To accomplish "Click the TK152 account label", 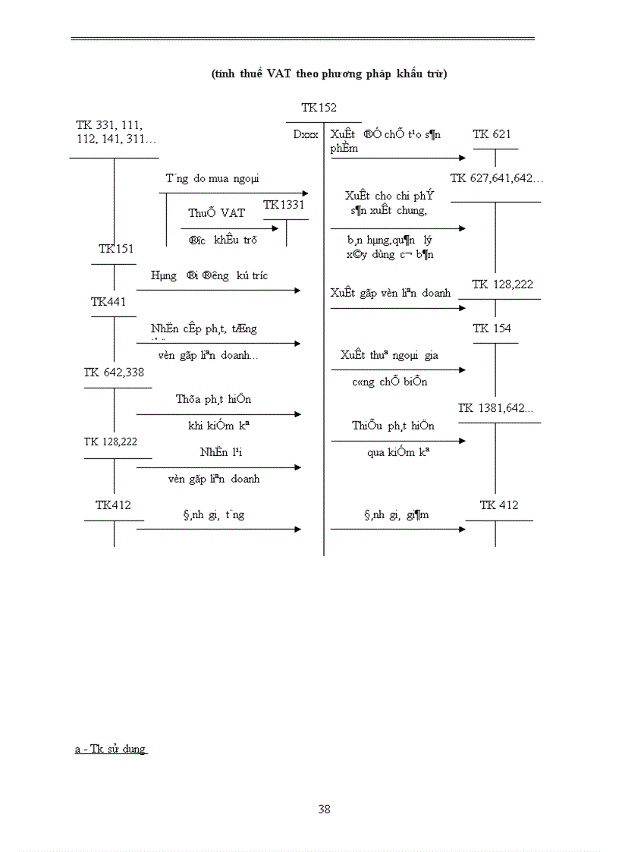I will tap(319, 108).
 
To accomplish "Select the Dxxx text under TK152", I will tap(306, 134).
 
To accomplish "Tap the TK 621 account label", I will tap(492, 134).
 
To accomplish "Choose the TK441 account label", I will tap(108, 302).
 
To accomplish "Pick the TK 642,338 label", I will tap(114, 372).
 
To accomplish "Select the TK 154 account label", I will tap(492, 329).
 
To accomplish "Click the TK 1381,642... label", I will tap(495, 408).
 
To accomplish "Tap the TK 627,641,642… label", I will tap(497, 178).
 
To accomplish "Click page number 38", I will tap(324, 809).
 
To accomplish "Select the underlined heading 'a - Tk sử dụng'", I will tap(110, 749).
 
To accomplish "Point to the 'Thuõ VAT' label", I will tap(217, 213).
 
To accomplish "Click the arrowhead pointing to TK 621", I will tap(462, 158).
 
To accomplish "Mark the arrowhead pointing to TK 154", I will tap(462, 369).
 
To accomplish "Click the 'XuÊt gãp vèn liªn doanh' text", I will tap(390, 293).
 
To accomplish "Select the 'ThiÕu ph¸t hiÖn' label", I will tap(393, 426).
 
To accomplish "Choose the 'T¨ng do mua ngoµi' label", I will tap(212, 178).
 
